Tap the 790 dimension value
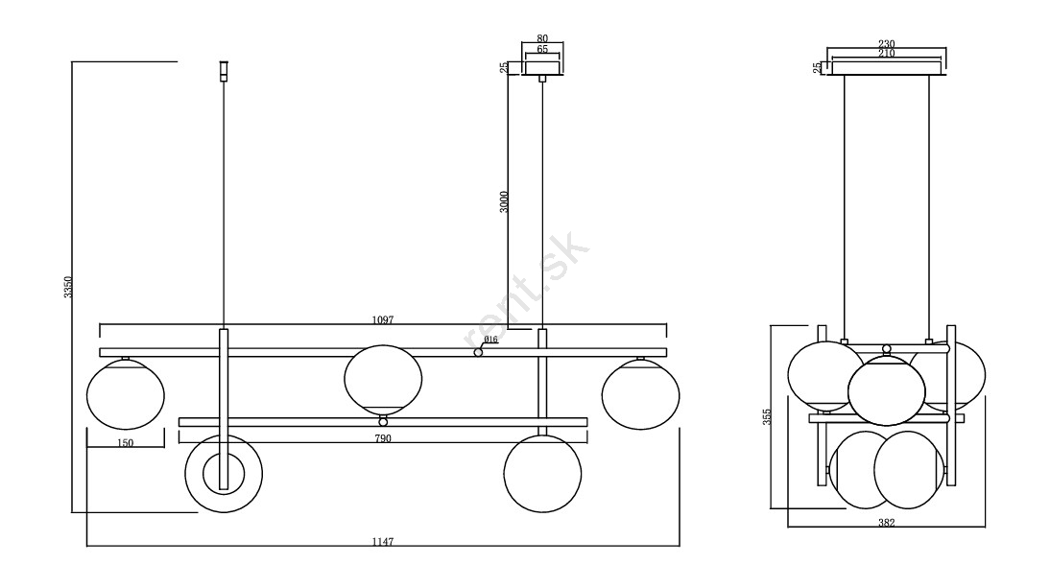coord(383,438)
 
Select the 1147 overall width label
coord(382,541)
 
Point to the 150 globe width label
coord(125,442)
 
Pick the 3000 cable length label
coord(504,201)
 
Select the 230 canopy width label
coord(886,43)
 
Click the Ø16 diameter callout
coord(490,340)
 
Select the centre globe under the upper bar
coord(383,379)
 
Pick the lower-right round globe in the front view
coord(543,473)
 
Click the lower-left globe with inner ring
coord(223,473)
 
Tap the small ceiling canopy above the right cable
coord(542,67)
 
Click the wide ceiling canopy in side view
coord(886,67)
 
